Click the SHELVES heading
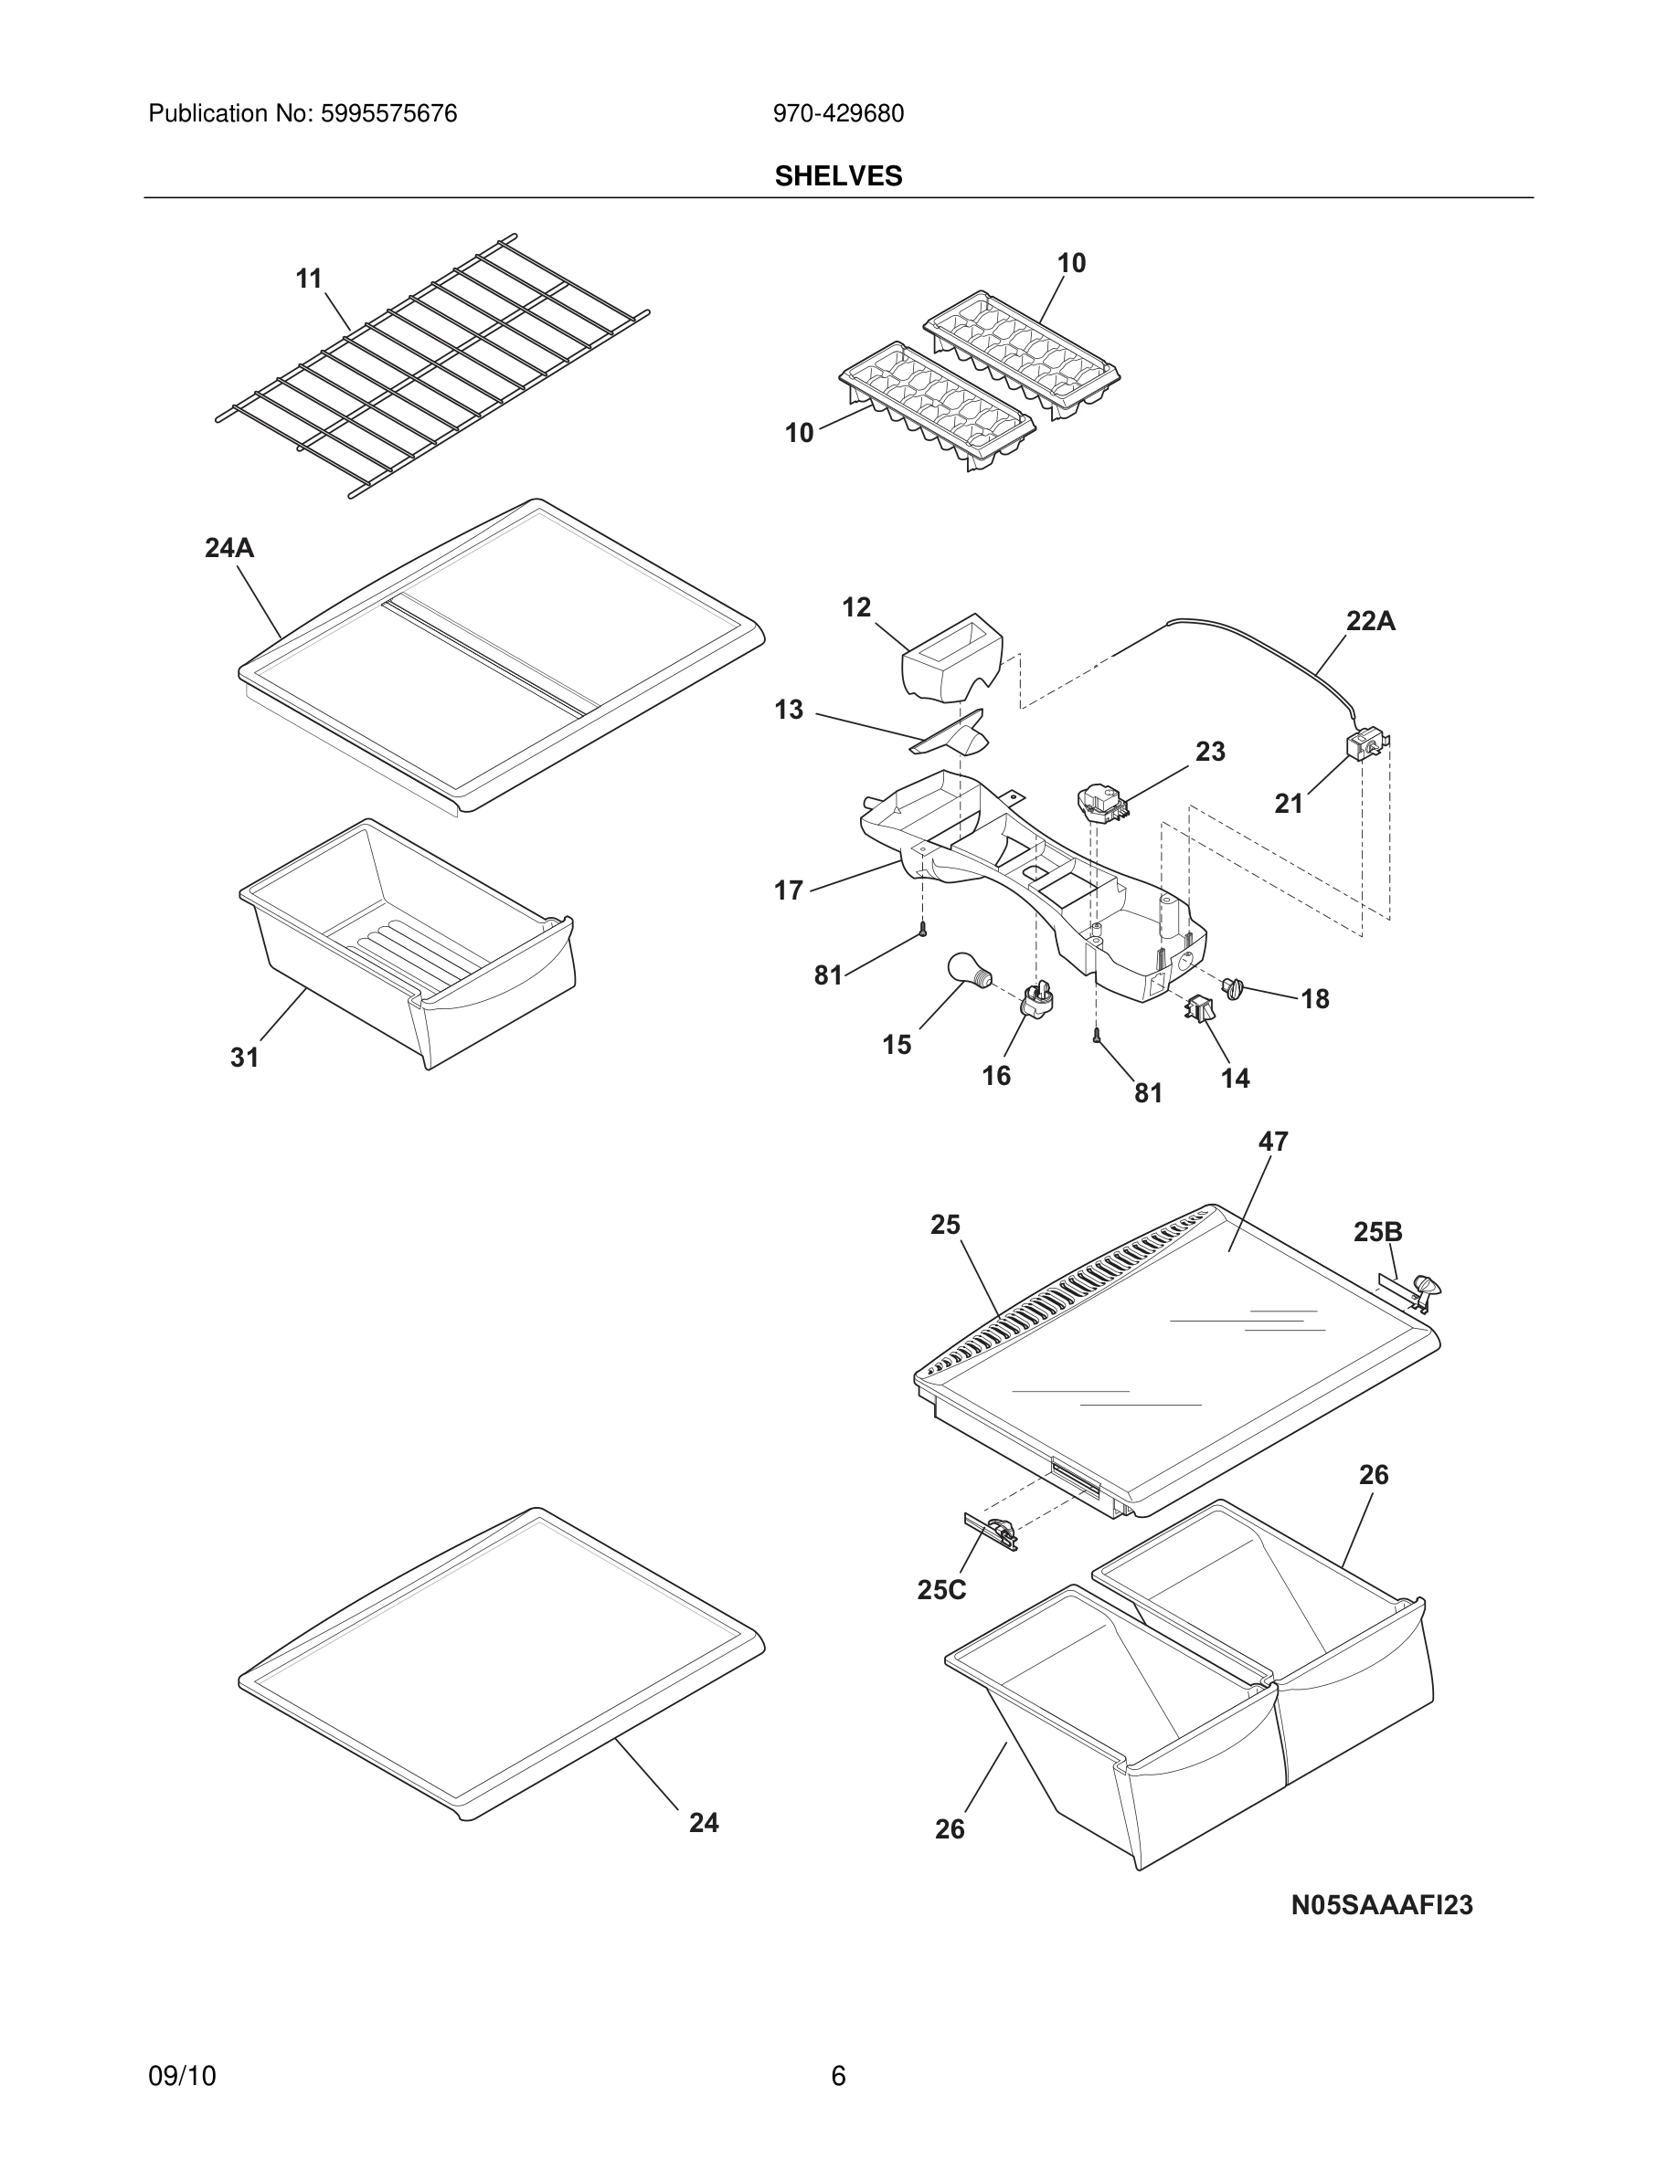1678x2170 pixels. pos(838,176)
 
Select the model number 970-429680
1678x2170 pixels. pos(838,114)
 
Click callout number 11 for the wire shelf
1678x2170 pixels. pos(309,279)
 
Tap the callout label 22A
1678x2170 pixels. pos(1370,622)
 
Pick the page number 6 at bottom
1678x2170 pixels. pos(838,2076)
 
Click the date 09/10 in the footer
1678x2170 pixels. pos(182,2076)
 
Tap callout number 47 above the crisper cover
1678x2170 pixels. pos(1272,1142)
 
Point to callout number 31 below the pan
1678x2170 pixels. pos(245,1058)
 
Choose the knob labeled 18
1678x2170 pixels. pos(1234,987)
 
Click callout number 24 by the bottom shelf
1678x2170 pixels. pos(703,1822)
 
